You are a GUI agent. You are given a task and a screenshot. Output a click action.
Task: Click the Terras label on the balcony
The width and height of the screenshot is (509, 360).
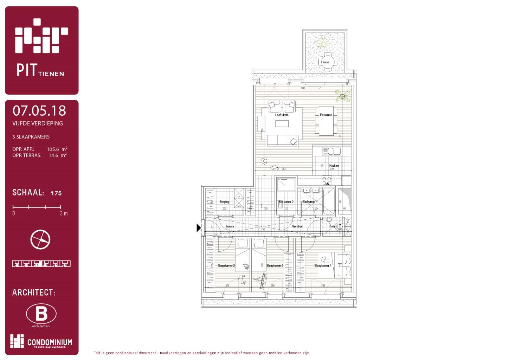point(325,62)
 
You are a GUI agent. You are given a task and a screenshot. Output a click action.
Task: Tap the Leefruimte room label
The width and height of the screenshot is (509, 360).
point(282,115)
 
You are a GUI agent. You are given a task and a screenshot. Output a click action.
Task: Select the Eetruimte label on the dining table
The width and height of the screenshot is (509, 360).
point(326,115)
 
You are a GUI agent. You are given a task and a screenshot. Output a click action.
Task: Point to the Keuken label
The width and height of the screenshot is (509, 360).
point(334,166)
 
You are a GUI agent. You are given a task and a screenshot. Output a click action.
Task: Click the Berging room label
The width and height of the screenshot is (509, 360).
point(224,202)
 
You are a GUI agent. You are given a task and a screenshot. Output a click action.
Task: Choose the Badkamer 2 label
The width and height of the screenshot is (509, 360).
point(286,202)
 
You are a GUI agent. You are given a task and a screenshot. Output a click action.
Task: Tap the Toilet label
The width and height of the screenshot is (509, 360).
point(333,226)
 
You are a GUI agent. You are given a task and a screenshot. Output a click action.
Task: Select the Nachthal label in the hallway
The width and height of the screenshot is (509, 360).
point(297,226)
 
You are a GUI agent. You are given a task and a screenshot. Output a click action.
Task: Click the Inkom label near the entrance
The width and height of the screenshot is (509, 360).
point(230,226)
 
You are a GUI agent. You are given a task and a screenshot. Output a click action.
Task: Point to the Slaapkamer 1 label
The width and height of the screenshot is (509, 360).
point(323,266)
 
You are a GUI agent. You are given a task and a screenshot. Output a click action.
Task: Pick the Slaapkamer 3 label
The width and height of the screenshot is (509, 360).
point(275,266)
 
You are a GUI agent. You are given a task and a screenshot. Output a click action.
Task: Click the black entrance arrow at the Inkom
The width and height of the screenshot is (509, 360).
point(199,228)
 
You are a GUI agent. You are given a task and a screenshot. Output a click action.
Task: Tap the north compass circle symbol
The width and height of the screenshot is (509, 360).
point(40,240)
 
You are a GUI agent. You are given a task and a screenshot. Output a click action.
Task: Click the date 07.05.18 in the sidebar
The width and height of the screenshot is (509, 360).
point(39,111)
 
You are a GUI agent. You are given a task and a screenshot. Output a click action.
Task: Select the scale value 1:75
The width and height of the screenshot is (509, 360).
point(56,193)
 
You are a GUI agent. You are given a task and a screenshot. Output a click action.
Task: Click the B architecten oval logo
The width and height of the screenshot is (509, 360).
point(41,314)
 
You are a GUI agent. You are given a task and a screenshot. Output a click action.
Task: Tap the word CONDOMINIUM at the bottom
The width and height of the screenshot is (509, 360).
point(50,342)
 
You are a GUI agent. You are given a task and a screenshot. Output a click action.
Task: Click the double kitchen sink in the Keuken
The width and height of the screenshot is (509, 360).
point(331,151)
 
